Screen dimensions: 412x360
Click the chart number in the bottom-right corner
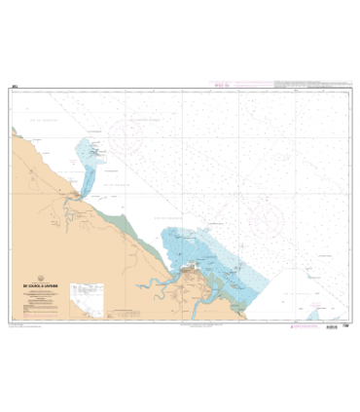point(345,328)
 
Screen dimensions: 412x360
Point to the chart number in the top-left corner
point(15,87)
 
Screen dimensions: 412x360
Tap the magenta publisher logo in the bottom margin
point(294,330)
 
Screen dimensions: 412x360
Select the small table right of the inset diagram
point(122,310)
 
